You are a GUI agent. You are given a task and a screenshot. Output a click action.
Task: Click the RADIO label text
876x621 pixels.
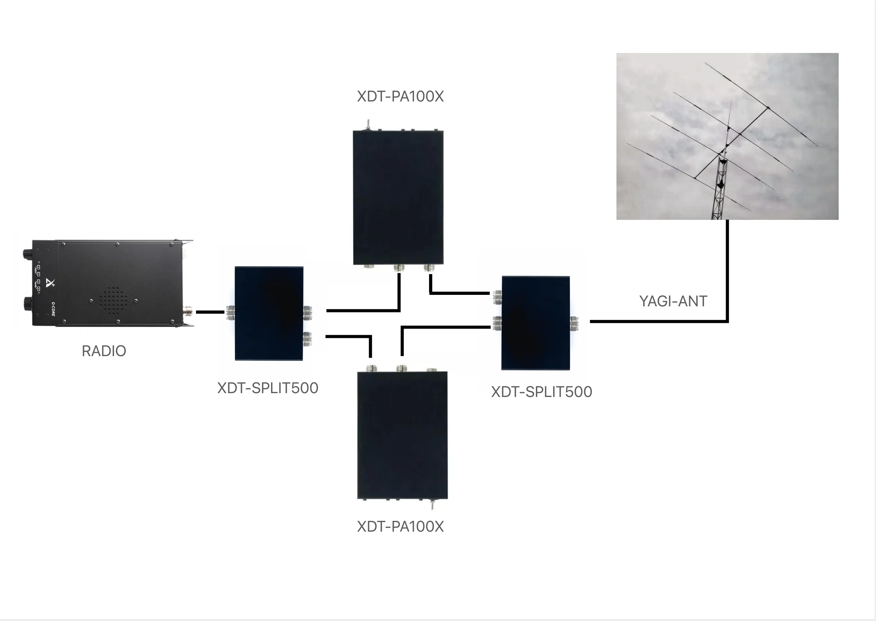[x=104, y=351]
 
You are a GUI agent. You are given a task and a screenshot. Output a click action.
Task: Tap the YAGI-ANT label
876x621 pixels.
[x=673, y=301]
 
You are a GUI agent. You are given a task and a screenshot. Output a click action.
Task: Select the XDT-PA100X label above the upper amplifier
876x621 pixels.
[x=400, y=96]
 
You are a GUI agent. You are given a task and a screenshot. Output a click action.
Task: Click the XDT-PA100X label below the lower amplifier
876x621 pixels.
[x=400, y=527]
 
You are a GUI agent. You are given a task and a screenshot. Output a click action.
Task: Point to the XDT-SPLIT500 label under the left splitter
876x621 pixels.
[x=268, y=388]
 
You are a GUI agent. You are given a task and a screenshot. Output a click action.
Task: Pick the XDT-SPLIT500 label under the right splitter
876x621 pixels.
[x=541, y=392]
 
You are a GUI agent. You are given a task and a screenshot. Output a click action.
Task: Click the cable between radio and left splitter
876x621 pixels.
[x=210, y=312]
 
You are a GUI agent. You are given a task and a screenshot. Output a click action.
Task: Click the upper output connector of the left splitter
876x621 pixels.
[x=307, y=312]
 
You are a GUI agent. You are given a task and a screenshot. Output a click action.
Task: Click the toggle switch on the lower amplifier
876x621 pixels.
[x=432, y=505]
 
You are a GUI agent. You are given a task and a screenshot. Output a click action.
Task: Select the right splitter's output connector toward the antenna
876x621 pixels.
[x=574, y=323]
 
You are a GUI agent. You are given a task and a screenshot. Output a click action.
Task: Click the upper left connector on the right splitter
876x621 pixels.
[x=497, y=297]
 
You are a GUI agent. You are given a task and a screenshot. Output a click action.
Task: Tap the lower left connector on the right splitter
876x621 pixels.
[x=497, y=323]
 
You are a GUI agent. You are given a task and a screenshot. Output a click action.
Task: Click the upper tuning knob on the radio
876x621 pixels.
[x=27, y=253]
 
